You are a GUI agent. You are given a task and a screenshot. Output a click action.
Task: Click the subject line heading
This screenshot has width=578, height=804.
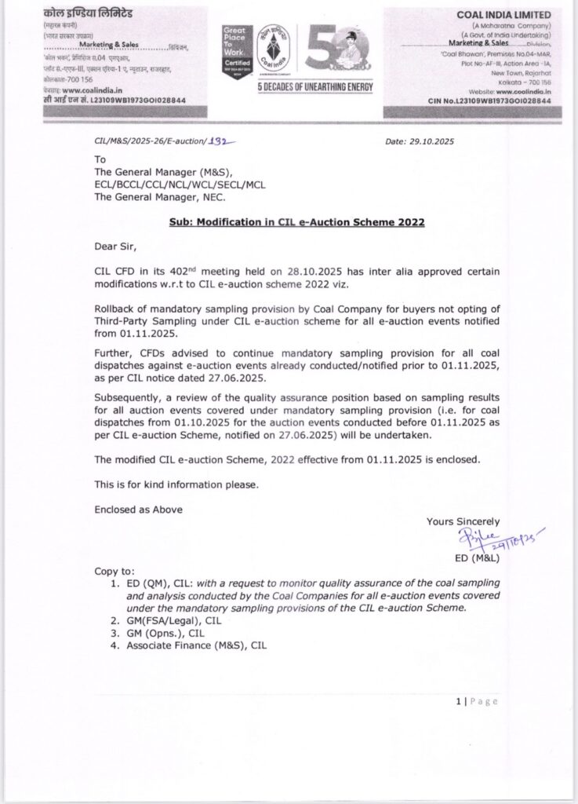(296, 222)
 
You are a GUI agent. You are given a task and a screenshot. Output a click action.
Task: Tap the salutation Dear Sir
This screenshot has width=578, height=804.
(115, 246)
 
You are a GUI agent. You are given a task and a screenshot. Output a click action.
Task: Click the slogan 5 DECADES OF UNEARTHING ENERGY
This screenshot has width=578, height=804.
(315, 86)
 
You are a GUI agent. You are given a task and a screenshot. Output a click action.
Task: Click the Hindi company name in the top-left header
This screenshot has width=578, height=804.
(79, 15)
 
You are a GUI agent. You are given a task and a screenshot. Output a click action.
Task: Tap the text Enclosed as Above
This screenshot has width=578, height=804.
(138, 509)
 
